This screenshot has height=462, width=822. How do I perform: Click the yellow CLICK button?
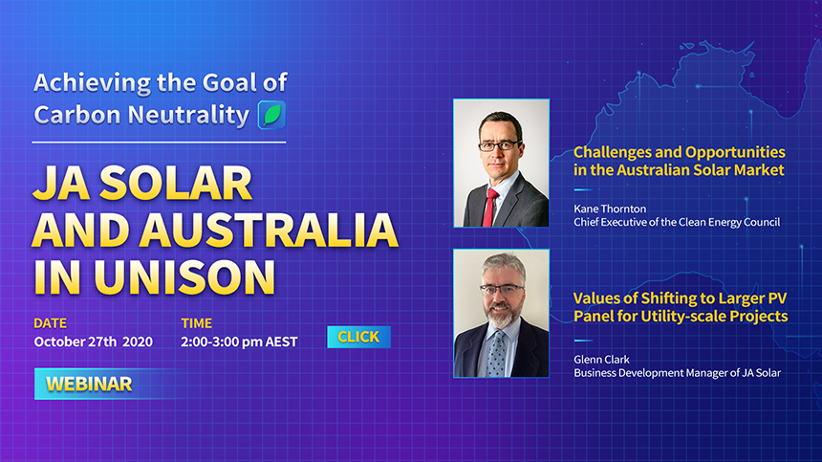coord(359,337)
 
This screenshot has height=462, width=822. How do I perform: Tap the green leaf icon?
coord(272,115)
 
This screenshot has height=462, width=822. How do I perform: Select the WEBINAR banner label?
coord(89,384)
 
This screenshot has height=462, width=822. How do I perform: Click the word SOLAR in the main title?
coord(176,184)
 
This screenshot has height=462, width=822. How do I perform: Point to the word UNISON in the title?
coord(184,276)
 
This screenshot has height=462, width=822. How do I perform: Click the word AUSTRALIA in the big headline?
coord(268,231)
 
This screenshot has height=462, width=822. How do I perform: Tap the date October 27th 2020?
coord(94,341)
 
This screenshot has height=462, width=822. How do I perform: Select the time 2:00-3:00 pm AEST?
coord(239,341)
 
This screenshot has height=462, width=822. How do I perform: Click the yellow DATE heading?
coord(51,323)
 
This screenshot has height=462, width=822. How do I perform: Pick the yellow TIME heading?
coord(197,323)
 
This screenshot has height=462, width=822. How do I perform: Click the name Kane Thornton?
coord(610,209)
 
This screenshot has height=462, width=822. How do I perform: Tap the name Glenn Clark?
coord(601,360)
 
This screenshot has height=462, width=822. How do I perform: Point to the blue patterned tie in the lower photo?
coord(496,354)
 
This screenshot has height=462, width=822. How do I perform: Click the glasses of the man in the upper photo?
coord(499,145)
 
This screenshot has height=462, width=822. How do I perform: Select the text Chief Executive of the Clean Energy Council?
coord(677,222)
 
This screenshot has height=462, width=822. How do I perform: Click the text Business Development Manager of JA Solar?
coord(677,373)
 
